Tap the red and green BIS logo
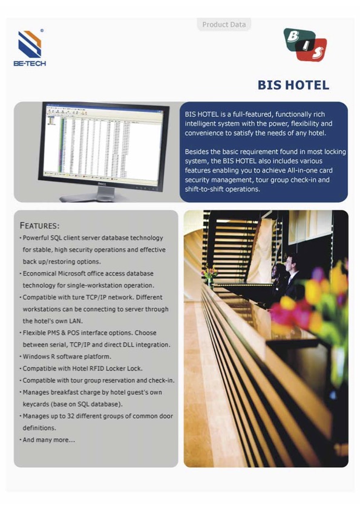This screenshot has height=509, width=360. (305, 45)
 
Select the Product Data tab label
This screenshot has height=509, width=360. (224, 25)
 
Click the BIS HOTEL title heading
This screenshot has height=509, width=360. (293, 85)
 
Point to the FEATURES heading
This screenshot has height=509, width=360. (40, 225)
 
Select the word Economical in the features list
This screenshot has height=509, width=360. (43, 273)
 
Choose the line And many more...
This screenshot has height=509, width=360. (49, 439)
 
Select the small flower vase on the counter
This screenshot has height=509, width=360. (209, 277)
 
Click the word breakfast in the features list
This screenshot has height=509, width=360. (61, 392)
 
